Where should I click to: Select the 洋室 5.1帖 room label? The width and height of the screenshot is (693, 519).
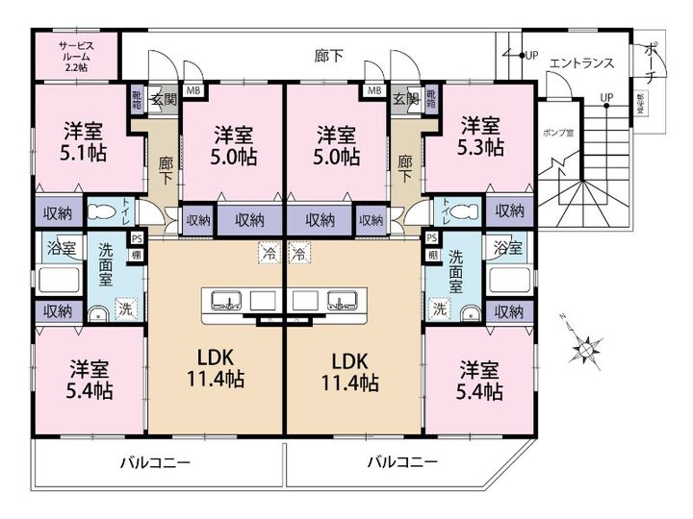tap(85, 140)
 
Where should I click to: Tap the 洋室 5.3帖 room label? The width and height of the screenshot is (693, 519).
tap(479, 136)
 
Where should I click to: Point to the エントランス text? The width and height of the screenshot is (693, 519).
tap(580, 63)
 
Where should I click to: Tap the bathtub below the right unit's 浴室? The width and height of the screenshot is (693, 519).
tap(510, 281)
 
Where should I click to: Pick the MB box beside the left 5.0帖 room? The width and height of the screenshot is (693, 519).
tap(192, 92)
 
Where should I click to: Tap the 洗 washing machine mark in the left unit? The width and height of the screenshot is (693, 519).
tap(125, 309)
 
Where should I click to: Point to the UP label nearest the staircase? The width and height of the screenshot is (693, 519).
tap(606, 97)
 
